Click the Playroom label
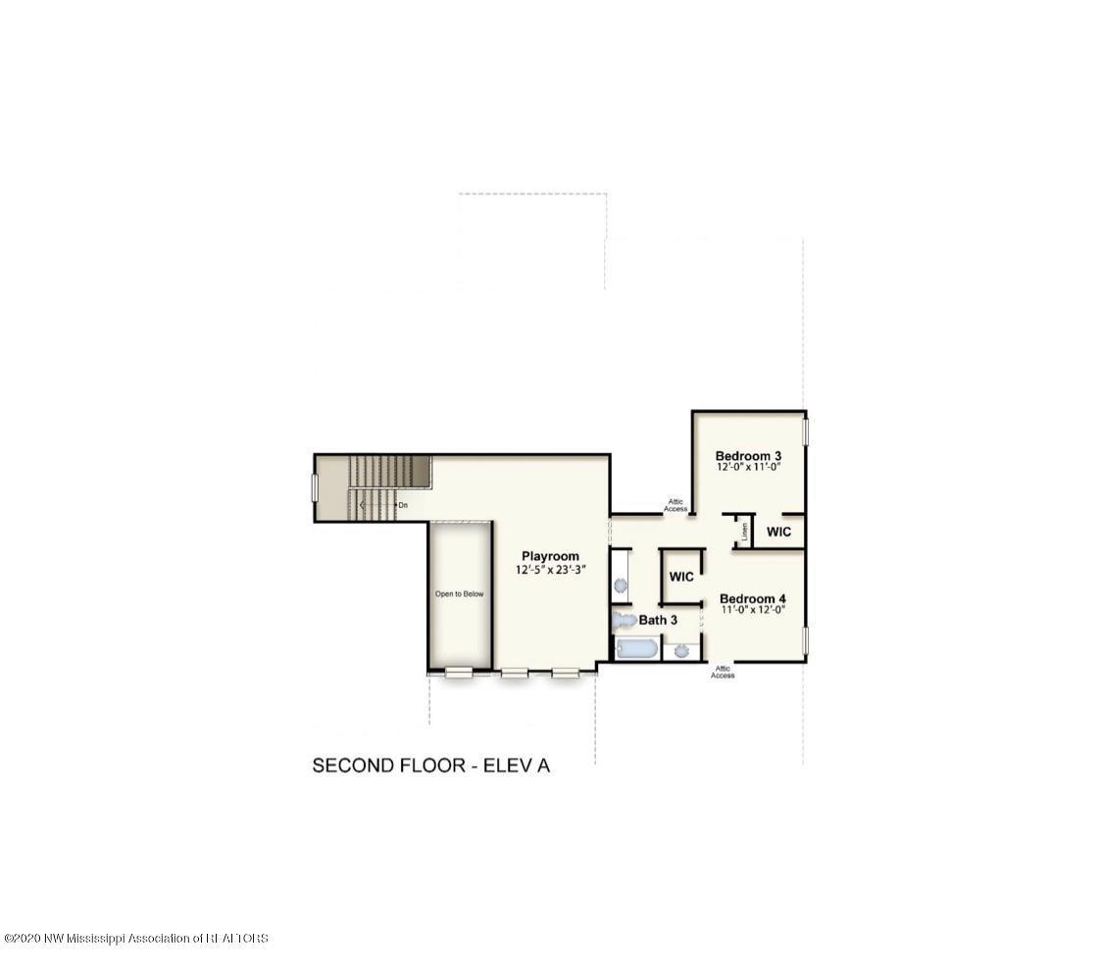pyautogui.click(x=550, y=556)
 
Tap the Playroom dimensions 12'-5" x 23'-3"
pyautogui.click(x=550, y=570)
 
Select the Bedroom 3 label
pyautogui.click(x=748, y=455)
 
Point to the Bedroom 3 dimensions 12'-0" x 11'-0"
pyautogui.click(x=748, y=468)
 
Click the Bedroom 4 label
pyautogui.click(x=752, y=598)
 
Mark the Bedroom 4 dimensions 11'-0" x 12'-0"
pyautogui.click(x=752, y=610)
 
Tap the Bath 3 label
pyautogui.click(x=659, y=620)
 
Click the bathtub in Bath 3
pyautogui.click(x=635, y=648)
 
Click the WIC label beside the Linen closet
pyautogui.click(x=778, y=532)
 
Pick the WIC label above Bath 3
pyautogui.click(x=681, y=577)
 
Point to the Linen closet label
pyautogui.click(x=745, y=532)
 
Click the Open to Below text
pyautogui.click(x=459, y=593)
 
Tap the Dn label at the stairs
pyautogui.click(x=402, y=505)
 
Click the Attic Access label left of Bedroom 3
pyautogui.click(x=675, y=505)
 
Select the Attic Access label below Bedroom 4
pyautogui.click(x=723, y=672)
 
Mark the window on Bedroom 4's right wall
pyautogui.click(x=805, y=640)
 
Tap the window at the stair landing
pyautogui.click(x=315, y=487)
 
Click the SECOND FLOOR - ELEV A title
pyautogui.click(x=430, y=765)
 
